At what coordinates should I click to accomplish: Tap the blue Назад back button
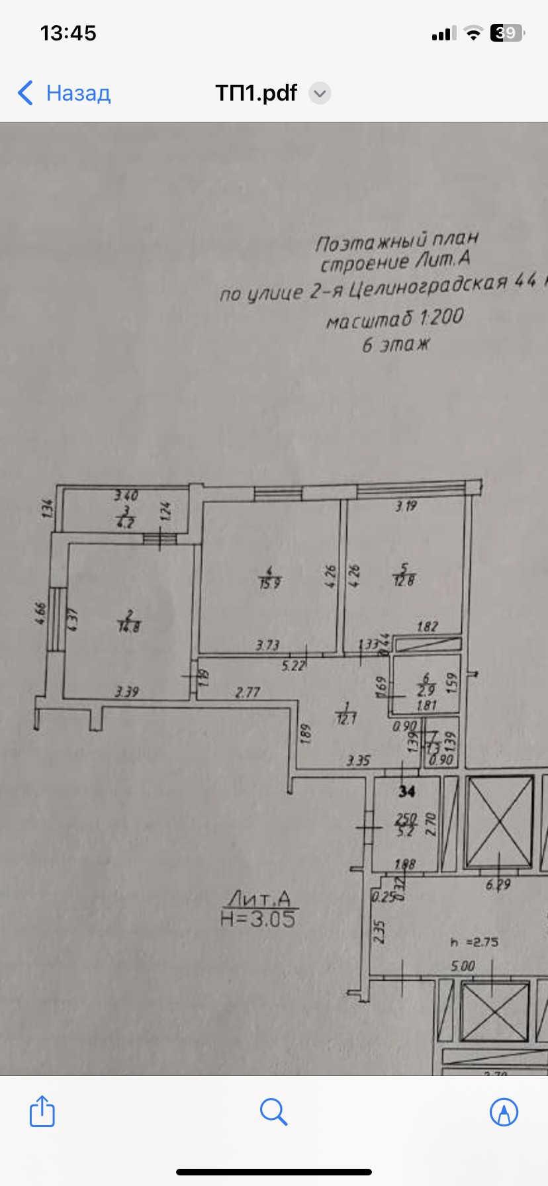(x=64, y=93)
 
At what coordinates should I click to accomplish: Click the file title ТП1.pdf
(x=256, y=93)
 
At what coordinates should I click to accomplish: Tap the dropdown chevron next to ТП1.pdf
(x=320, y=93)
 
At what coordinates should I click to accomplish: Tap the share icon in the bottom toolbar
(x=42, y=1111)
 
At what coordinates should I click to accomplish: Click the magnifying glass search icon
(x=273, y=1111)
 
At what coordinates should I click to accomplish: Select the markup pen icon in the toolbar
(x=504, y=1111)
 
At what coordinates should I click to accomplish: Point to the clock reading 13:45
(x=68, y=33)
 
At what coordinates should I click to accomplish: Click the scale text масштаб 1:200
(x=394, y=319)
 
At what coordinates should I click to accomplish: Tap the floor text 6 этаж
(x=396, y=345)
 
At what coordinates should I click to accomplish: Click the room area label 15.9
(x=269, y=584)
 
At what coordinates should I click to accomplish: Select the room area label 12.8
(x=404, y=580)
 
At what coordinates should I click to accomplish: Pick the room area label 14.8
(x=129, y=626)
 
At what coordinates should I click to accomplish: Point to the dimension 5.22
(x=293, y=665)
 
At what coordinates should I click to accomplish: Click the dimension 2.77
(x=248, y=692)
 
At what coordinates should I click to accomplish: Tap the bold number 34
(x=406, y=791)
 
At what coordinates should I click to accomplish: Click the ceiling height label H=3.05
(x=258, y=919)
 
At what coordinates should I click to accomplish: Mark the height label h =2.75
(x=474, y=942)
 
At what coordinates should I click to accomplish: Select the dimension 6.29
(x=498, y=884)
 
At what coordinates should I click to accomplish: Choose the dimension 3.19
(x=406, y=506)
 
